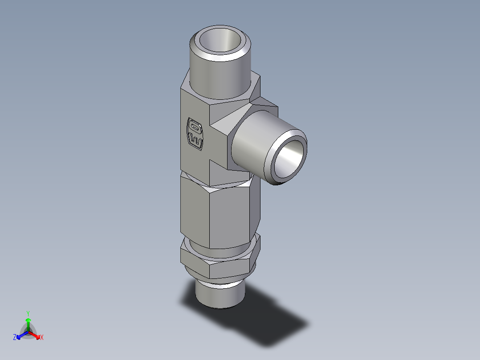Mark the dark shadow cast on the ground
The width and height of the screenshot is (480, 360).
(267, 316)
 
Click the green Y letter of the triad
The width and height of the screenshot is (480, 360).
(28, 313)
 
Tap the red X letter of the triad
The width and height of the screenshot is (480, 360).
(42, 338)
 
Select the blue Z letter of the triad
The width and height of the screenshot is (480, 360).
(15, 337)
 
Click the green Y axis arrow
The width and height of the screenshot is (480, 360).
(28, 323)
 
